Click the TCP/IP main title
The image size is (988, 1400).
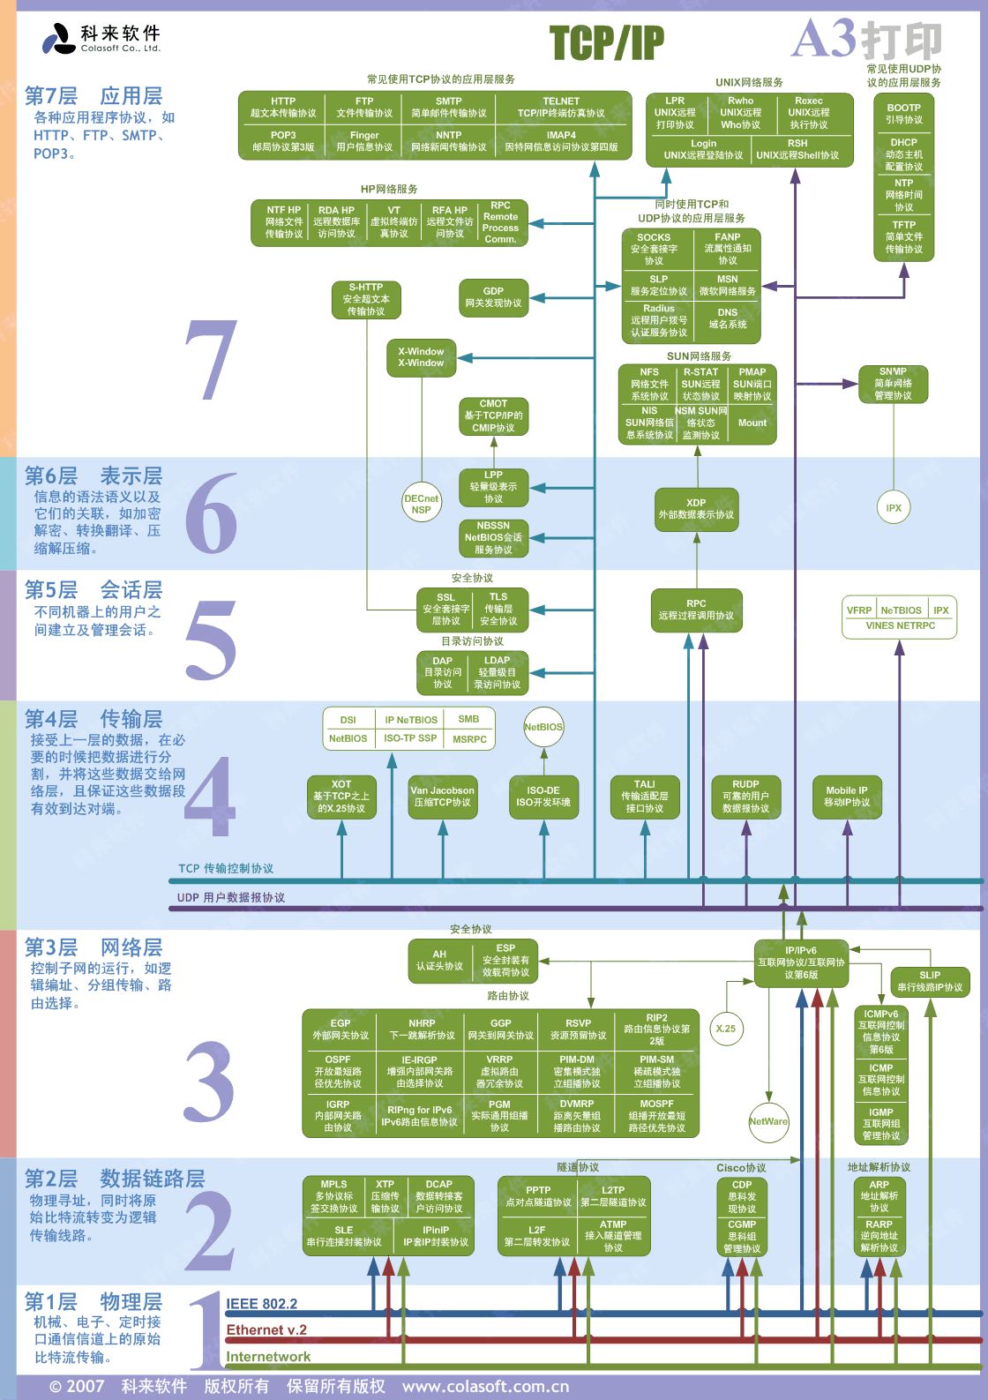[x=607, y=42]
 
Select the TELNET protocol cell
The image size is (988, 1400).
[x=562, y=107]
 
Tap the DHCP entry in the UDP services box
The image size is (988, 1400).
[x=903, y=153]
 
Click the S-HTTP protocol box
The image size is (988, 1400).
[x=366, y=299]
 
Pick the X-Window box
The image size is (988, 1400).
[x=421, y=357]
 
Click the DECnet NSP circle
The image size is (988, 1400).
[x=421, y=504]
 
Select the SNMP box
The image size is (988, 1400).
[x=893, y=384]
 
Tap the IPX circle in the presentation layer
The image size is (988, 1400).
[x=894, y=508]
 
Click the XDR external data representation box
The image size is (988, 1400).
[x=696, y=509]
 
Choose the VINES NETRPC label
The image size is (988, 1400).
[x=900, y=625]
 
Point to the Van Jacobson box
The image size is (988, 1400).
[x=442, y=796]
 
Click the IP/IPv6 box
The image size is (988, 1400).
[x=801, y=962]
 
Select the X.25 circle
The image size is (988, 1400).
[x=726, y=1029]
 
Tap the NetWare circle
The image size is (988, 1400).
[x=768, y=1121]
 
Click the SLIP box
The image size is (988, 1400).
[x=930, y=981]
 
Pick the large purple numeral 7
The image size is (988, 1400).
[x=212, y=360]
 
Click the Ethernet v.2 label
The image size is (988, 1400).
[x=266, y=1330]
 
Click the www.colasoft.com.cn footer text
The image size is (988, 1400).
[x=485, y=1386]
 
